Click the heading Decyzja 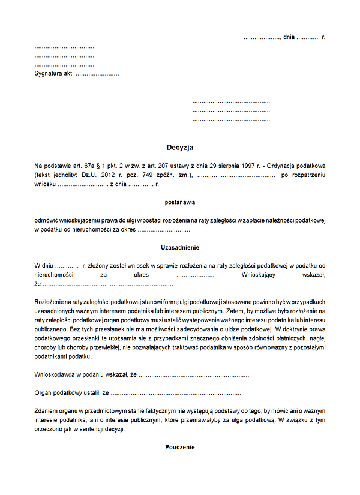tap(180, 148)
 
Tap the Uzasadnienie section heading tap(180, 248)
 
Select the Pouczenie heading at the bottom tap(180, 447)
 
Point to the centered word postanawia tap(180, 202)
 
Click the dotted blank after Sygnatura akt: tap(97, 74)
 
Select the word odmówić tap(48, 220)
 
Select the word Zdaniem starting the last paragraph tap(47, 412)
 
